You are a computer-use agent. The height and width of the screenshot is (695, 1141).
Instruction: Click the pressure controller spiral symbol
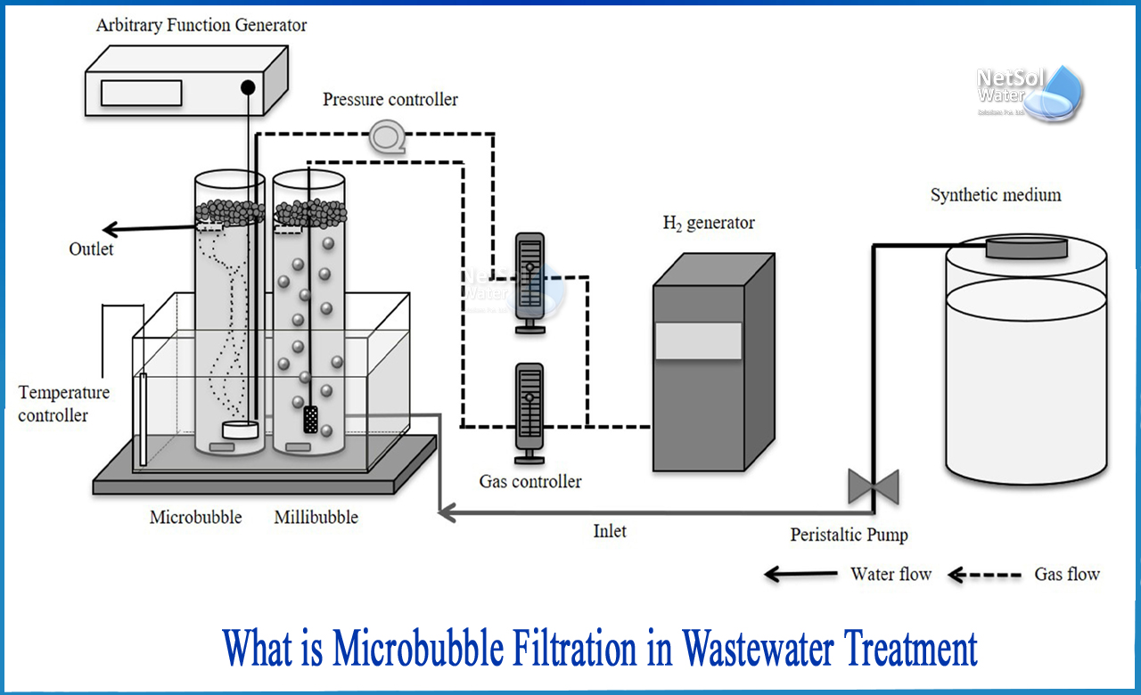click(385, 135)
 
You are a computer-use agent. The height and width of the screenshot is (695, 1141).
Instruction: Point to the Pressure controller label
click(390, 99)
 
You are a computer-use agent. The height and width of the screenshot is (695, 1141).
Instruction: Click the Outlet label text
click(91, 249)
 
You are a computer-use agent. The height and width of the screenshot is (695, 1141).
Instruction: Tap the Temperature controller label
click(64, 404)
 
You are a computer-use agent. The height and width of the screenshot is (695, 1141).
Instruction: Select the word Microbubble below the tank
click(195, 518)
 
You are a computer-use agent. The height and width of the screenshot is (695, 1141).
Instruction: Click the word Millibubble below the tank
click(316, 518)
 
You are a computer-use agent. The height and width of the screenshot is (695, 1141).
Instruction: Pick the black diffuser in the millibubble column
click(310, 419)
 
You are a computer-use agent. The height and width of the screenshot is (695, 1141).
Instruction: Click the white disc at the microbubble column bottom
click(241, 429)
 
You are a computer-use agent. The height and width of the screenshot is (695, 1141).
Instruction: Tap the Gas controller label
click(530, 482)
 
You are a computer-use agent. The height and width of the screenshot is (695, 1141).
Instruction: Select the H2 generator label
click(708, 223)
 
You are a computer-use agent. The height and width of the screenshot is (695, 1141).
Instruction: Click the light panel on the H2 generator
click(698, 341)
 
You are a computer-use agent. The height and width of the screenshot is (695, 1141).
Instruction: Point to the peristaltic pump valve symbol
click(873, 487)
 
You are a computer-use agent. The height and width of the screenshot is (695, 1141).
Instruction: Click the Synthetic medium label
click(996, 195)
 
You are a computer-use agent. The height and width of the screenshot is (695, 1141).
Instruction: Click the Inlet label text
click(610, 532)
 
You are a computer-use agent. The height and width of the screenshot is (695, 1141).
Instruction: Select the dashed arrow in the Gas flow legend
click(984, 575)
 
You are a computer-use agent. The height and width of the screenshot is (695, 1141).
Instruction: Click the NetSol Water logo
click(1030, 90)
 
